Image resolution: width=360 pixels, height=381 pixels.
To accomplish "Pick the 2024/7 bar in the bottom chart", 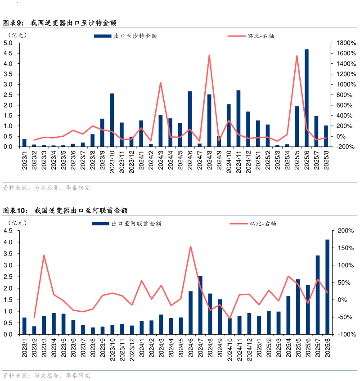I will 200,305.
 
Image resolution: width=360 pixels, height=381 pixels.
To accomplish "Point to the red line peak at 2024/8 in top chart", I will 209,55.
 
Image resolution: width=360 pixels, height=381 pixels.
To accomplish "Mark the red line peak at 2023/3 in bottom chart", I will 44,255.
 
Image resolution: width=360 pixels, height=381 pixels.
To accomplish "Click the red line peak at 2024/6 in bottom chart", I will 190,247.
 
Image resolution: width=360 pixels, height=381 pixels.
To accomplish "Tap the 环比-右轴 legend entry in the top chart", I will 261,36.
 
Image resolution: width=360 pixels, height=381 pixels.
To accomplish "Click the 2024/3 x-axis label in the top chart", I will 161,160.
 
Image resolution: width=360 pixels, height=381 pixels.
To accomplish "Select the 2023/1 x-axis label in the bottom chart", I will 24,348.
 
